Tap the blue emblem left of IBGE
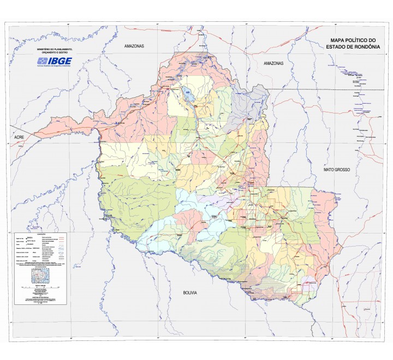coord(42,61)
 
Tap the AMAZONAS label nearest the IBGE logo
coord(133,46)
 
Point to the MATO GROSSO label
coord(336,170)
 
